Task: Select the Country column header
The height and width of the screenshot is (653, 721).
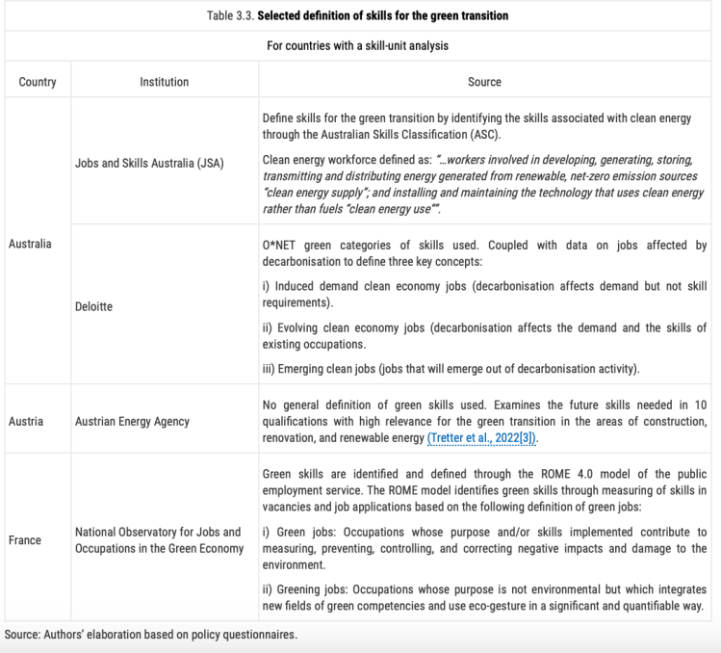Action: [38, 82]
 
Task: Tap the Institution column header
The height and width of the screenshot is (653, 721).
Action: [164, 82]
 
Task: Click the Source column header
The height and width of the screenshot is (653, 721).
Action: [484, 82]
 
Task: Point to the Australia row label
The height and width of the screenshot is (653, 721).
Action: [29, 244]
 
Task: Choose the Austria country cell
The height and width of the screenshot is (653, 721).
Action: [26, 422]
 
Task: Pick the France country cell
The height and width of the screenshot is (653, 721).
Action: [25, 540]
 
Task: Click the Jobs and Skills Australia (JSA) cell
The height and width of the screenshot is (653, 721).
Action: [149, 163]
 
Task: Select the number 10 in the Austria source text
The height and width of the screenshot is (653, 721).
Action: [700, 405]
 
